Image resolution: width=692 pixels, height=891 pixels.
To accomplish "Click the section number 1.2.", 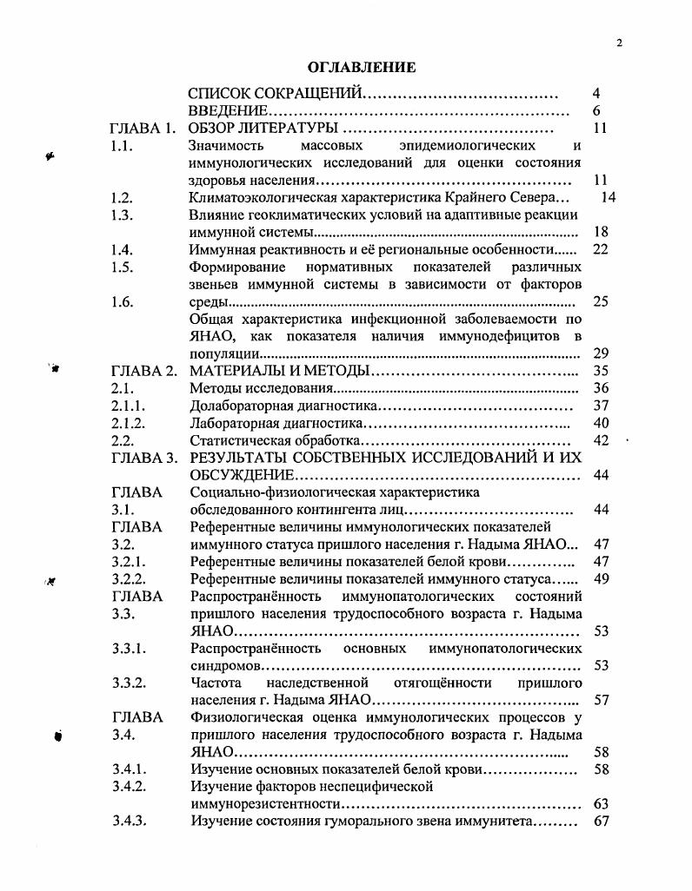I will click(x=122, y=198).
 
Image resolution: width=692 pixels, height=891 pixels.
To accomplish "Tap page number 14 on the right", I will click(x=608, y=198).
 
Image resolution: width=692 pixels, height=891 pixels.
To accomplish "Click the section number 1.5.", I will click(x=122, y=267).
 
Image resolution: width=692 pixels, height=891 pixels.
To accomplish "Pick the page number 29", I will click(x=599, y=353).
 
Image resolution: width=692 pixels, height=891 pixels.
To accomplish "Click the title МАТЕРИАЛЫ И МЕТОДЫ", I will click(x=279, y=371).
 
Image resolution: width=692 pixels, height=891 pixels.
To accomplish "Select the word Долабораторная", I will click(x=238, y=406).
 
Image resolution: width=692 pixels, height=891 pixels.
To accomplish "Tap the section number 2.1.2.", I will click(x=128, y=423).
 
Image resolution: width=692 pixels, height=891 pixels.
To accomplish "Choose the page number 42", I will click(x=599, y=440).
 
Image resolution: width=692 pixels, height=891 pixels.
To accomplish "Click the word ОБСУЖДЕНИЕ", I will click(x=239, y=475).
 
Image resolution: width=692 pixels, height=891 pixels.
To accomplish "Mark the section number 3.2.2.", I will click(x=128, y=578).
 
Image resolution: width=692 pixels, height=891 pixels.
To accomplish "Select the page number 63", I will click(x=599, y=804).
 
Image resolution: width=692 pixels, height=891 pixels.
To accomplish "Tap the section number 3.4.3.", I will click(x=128, y=822).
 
